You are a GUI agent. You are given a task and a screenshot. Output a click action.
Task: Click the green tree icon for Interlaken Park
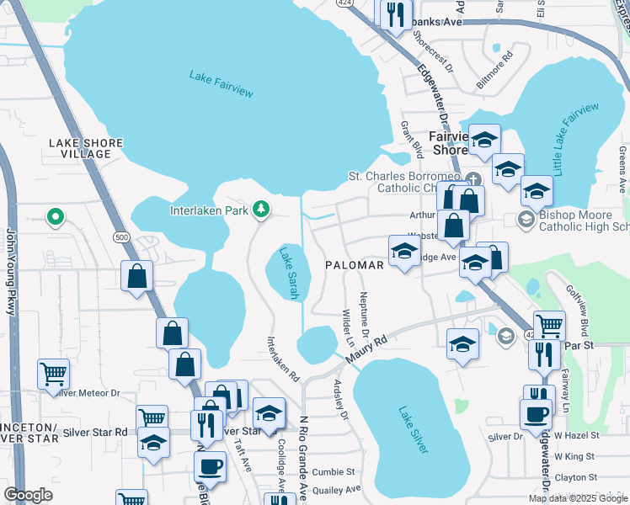(x=261, y=209)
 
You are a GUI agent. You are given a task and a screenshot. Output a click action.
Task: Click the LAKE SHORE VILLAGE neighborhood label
(x=86, y=148)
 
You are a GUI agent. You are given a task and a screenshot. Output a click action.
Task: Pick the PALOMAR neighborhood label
(x=355, y=264)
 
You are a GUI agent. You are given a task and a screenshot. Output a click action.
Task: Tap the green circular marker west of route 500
(x=56, y=217)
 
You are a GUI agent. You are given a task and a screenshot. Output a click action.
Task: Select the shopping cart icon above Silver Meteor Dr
(x=53, y=371)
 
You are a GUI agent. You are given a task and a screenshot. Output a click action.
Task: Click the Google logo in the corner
(x=28, y=495)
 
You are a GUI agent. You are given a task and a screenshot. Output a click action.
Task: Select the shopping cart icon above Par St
(x=549, y=323)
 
